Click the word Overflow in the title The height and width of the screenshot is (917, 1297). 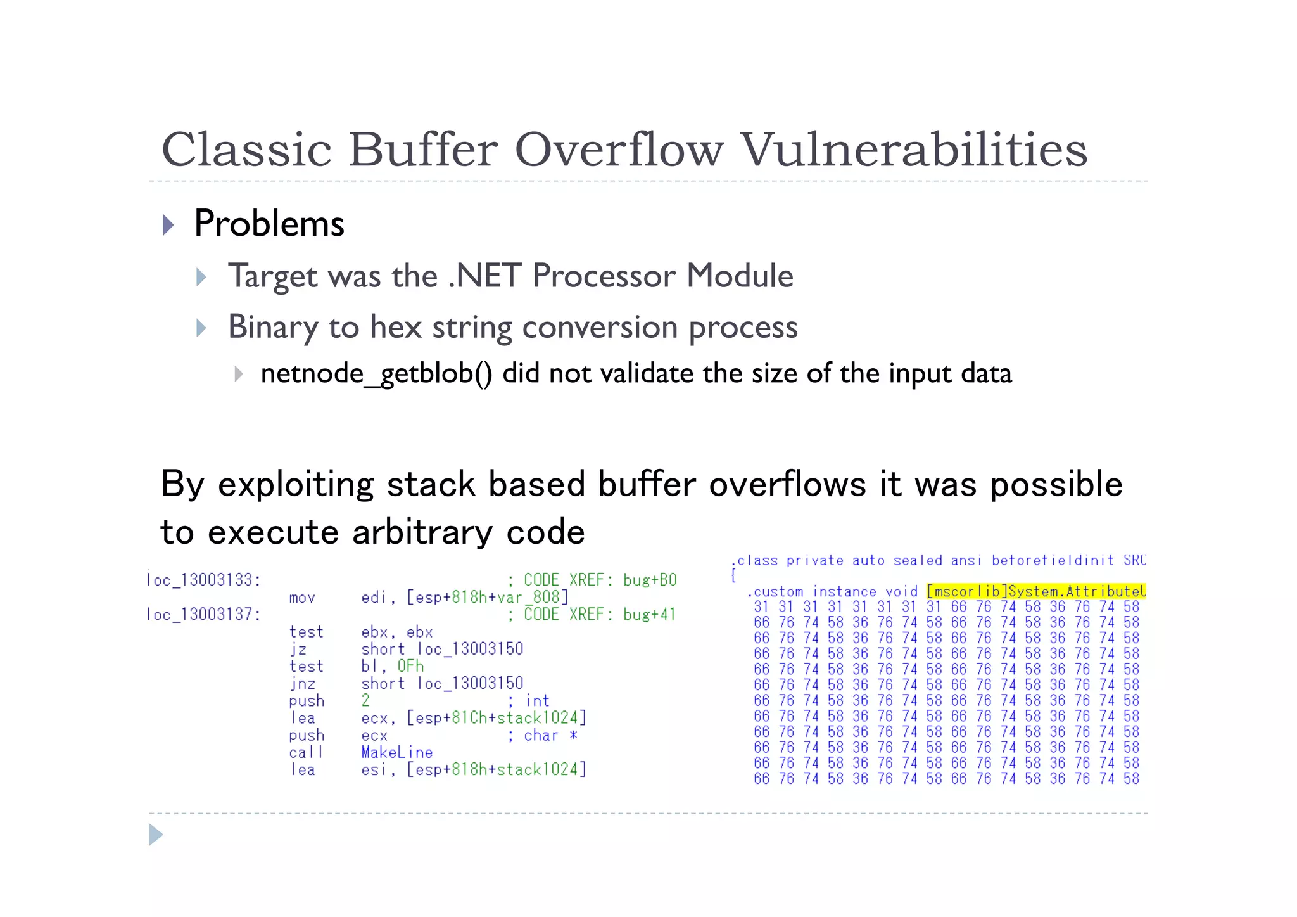pos(618,150)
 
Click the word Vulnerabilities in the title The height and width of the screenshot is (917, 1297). pos(914,150)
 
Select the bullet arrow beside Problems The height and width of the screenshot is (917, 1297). pos(168,225)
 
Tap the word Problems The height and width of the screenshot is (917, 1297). pos(269,224)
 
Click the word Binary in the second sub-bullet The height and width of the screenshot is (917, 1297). pos(273,327)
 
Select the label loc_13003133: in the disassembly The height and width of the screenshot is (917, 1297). pos(203,580)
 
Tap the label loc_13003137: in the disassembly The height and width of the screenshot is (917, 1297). pos(203,614)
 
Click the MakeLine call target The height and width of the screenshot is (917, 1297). pos(397,752)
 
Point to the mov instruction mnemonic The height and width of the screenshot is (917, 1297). pos(302,598)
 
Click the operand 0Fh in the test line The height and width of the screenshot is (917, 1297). pos(410,666)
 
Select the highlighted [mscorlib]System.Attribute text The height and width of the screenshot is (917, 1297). pos(1035,591)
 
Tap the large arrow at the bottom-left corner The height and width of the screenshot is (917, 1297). pos(156,835)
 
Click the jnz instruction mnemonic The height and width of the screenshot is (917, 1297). pos(303,684)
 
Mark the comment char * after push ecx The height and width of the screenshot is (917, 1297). pos(550,735)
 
